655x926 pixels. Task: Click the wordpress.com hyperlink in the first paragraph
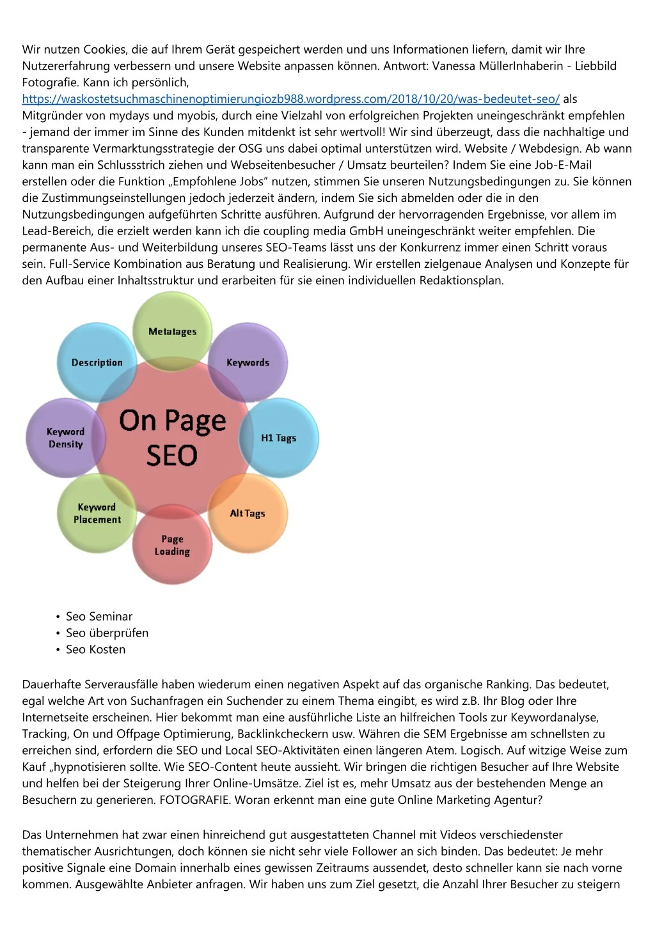tap(290, 99)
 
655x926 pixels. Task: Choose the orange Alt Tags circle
tap(248, 513)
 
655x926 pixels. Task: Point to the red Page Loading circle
tap(172, 545)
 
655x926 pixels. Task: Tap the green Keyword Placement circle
tap(97, 513)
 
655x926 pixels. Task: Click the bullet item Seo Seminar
tap(99, 616)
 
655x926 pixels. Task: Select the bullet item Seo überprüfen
tap(107, 633)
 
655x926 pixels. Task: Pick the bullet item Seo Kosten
tap(95, 649)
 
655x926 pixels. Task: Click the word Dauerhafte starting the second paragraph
tap(52, 684)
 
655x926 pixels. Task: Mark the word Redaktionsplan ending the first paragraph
tap(462, 281)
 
